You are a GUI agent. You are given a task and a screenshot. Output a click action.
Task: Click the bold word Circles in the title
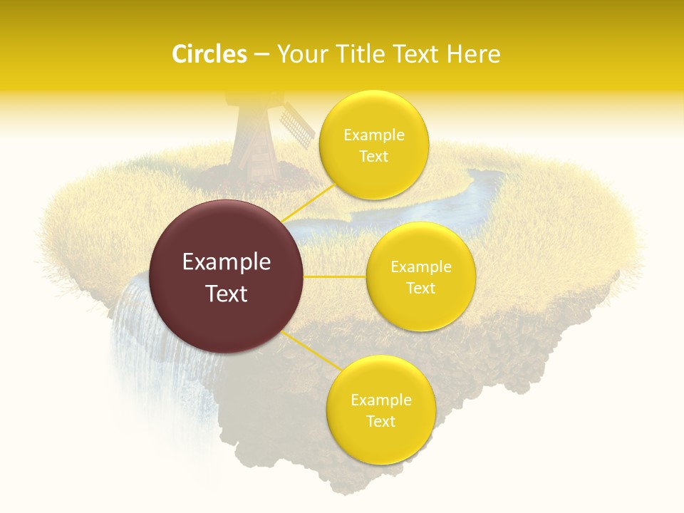point(209,54)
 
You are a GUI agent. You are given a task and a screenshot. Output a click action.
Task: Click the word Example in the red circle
point(227,262)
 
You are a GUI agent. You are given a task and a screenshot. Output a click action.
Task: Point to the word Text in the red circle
point(227,294)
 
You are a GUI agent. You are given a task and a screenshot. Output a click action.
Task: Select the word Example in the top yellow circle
point(373,135)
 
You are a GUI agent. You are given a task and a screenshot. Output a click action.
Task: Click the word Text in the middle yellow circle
point(420,288)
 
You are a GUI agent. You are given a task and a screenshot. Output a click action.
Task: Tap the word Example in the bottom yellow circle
point(380,400)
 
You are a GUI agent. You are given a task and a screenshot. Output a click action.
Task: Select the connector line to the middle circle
point(335,276)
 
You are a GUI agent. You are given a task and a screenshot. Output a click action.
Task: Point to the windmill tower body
point(255,146)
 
